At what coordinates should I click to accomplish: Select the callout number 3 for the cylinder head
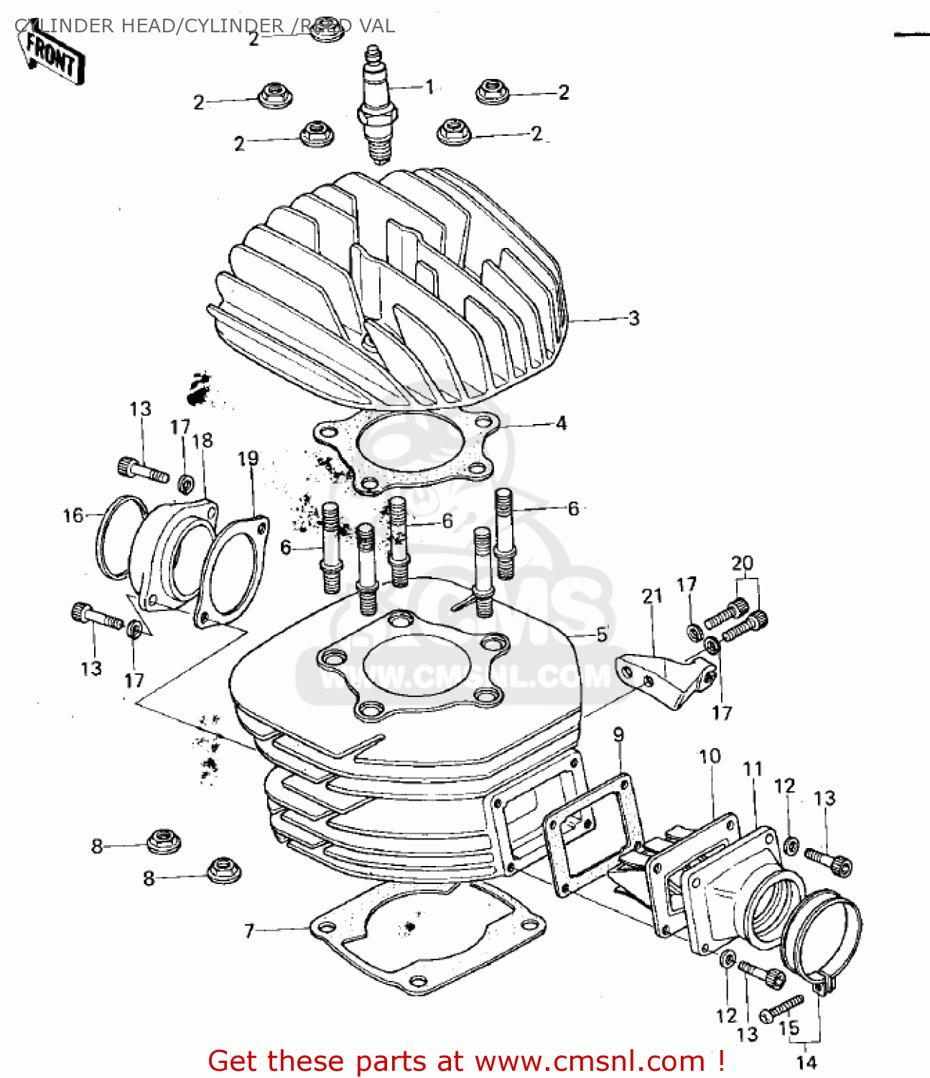pos(633,318)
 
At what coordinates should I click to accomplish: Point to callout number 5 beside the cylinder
pos(602,635)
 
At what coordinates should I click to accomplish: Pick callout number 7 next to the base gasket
pos(249,931)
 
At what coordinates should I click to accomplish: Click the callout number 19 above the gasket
pos(248,459)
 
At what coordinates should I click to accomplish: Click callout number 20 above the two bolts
pos(743,563)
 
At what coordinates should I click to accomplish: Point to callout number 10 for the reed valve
pos(710,756)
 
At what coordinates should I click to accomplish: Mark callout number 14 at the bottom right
pos(806,1062)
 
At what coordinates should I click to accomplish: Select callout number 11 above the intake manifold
pos(752,769)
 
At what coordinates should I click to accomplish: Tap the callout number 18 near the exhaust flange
pos(203,441)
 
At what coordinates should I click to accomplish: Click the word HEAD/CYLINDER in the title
pos(229,26)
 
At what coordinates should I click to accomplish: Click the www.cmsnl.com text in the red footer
pos(590,1061)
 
